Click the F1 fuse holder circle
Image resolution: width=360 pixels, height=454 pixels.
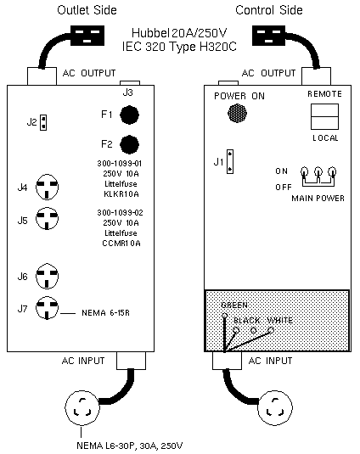[129, 115]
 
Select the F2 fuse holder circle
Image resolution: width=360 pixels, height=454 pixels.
[129, 144]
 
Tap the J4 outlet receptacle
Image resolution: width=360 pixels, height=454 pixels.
[47, 187]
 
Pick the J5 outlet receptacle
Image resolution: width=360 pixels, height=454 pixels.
[47, 219]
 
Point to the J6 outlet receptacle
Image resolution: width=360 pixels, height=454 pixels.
[47, 276]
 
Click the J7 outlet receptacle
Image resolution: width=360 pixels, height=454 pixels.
[47, 308]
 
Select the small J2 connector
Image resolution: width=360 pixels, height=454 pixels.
[43, 122]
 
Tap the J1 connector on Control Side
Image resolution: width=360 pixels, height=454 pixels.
[230, 161]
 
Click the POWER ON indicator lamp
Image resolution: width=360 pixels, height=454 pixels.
[237, 113]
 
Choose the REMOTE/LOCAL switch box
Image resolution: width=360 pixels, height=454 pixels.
[324, 116]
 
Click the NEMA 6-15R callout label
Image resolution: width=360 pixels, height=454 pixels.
[105, 312]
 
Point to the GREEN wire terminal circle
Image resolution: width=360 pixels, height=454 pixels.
[224, 316]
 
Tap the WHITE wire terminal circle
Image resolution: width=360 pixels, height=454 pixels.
[271, 330]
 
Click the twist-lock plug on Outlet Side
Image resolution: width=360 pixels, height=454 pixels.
[82, 407]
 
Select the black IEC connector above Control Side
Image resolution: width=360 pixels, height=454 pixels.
[268, 36]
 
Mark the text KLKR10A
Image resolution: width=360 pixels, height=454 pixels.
[121, 194]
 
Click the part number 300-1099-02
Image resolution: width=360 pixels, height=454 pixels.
[120, 213]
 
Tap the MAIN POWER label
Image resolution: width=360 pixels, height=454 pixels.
[318, 199]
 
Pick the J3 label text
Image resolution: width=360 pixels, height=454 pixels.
[127, 92]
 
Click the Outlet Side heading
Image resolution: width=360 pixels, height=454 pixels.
[87, 10]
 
